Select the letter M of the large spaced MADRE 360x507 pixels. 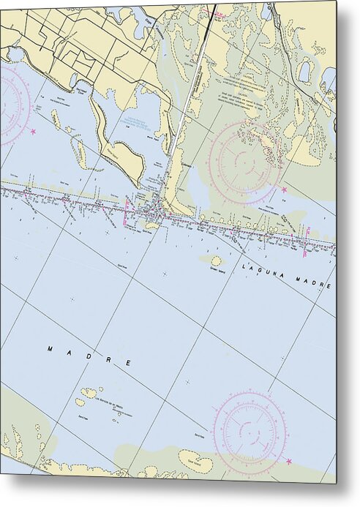[x=50, y=349]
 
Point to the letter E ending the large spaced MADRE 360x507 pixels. [x=129, y=364]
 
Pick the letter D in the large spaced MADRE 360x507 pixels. [x=90, y=356]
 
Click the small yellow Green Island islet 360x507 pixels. [x=216, y=260]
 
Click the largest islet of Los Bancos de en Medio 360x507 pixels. [x=89, y=393]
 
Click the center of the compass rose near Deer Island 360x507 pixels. [x=250, y=432]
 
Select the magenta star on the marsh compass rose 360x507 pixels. [x=284, y=189]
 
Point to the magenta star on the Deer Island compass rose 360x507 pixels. [x=289, y=461]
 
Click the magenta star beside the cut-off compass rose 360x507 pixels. [x=33, y=131]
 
